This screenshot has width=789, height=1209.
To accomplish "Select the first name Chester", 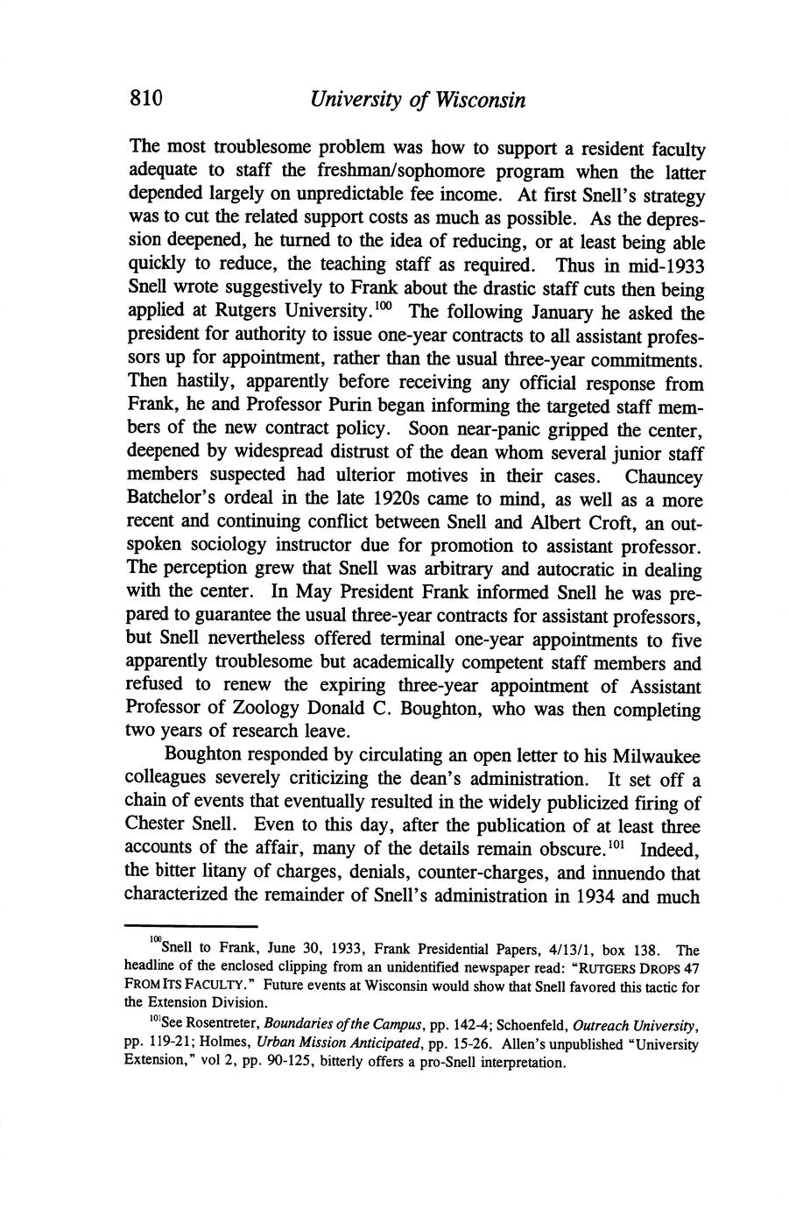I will pyautogui.click(x=155, y=825).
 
